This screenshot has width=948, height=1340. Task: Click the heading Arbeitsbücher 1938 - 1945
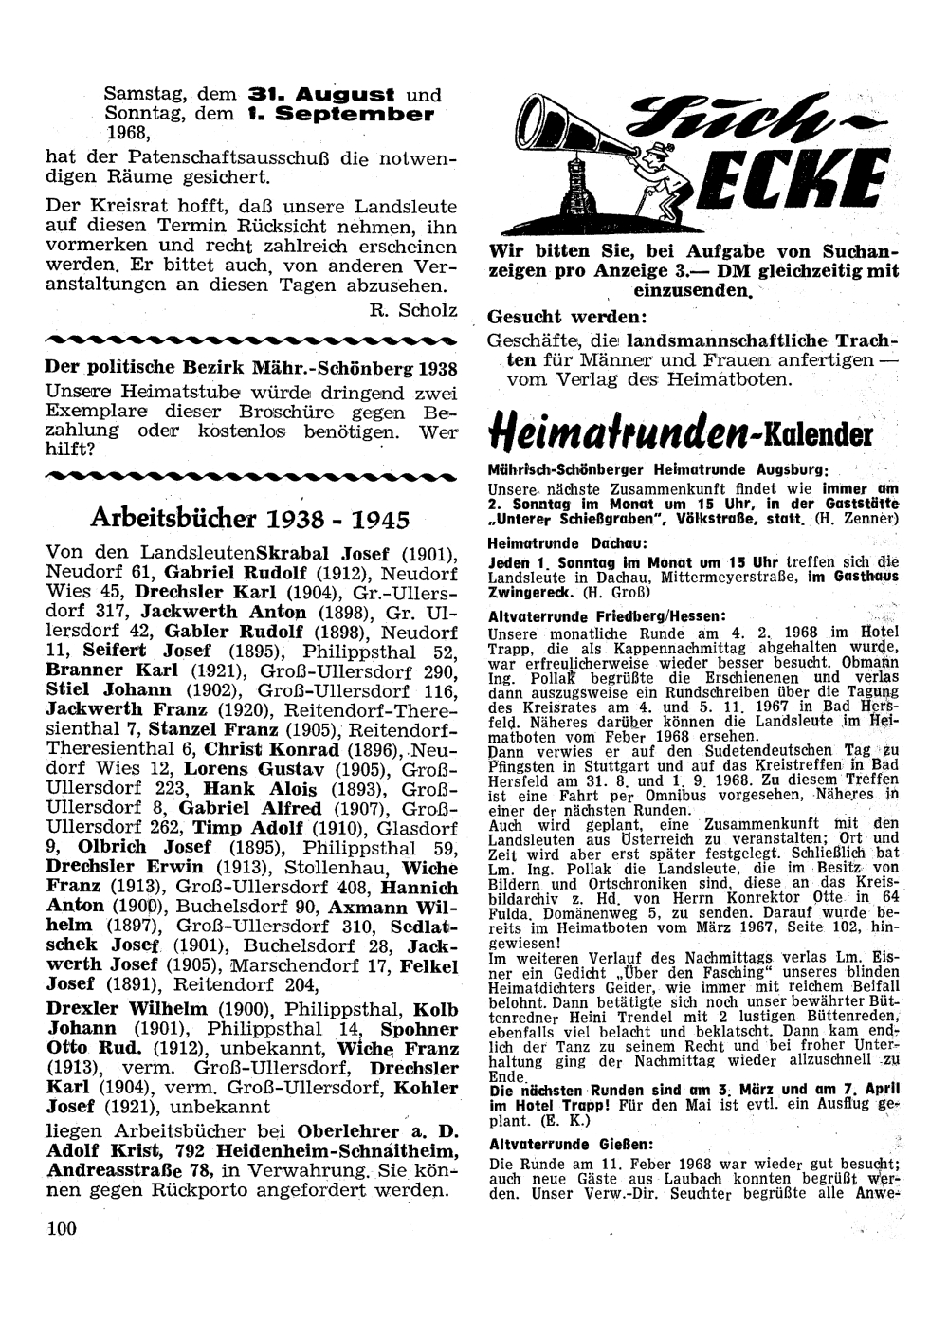(251, 519)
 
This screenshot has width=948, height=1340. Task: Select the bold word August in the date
(345, 95)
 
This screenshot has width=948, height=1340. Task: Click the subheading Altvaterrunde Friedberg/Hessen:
(606, 615)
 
